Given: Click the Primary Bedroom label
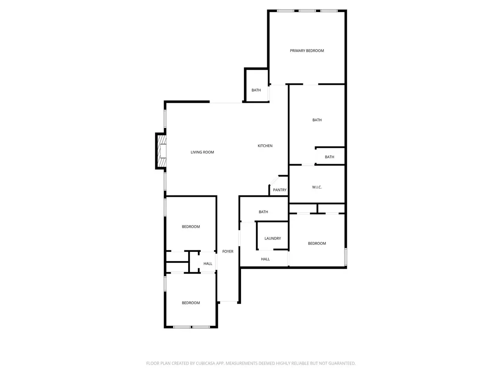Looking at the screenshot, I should pyautogui.click(x=307, y=51).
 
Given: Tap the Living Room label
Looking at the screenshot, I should pyautogui.click(x=202, y=152).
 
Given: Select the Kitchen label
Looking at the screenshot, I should pyautogui.click(x=265, y=146).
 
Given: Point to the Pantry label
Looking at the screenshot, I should pyautogui.click(x=279, y=190).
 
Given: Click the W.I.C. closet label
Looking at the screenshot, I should pyautogui.click(x=317, y=187).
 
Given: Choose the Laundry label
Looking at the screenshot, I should pyautogui.click(x=272, y=239).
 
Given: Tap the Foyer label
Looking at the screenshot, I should pyautogui.click(x=228, y=252).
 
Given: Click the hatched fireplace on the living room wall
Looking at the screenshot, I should pyautogui.click(x=161, y=151).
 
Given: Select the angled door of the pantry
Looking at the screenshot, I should pyautogui.click(x=274, y=180).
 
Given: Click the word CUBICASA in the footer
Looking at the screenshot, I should pyautogui.click(x=205, y=363).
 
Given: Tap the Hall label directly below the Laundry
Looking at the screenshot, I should pyautogui.click(x=265, y=259).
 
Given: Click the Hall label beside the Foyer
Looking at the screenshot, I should pyautogui.click(x=207, y=264).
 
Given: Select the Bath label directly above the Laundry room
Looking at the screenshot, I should pyautogui.click(x=263, y=212).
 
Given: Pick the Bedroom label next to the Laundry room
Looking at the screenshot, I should pyautogui.click(x=317, y=244).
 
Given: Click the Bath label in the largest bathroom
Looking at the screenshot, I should pyautogui.click(x=317, y=120).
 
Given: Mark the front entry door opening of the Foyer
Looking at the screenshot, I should pyautogui.click(x=228, y=302).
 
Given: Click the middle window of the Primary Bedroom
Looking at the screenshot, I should pyautogui.click(x=307, y=10).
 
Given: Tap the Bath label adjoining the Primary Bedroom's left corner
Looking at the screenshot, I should pyautogui.click(x=256, y=90).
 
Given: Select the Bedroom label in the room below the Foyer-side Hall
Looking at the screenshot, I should pyautogui.click(x=190, y=303).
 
